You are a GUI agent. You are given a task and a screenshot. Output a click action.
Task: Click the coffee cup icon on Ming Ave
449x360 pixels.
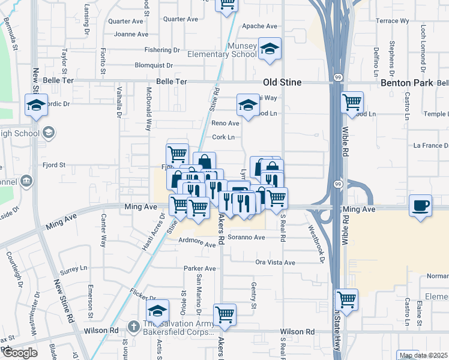click(x=420, y=206)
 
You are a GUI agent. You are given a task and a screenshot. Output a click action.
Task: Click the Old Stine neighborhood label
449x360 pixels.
click(x=282, y=82)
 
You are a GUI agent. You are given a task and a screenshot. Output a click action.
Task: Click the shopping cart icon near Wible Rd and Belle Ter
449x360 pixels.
click(x=352, y=101)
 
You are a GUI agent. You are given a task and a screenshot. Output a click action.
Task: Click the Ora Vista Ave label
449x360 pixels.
click(x=276, y=263)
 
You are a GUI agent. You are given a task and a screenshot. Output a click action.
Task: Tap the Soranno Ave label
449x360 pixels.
click(x=246, y=237)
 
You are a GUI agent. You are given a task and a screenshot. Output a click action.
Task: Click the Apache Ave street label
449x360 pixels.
click(x=259, y=26)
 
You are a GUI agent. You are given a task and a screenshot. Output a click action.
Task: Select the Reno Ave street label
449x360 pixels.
click(x=225, y=123)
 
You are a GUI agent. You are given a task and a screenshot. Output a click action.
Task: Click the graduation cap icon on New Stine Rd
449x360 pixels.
click(x=37, y=105)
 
